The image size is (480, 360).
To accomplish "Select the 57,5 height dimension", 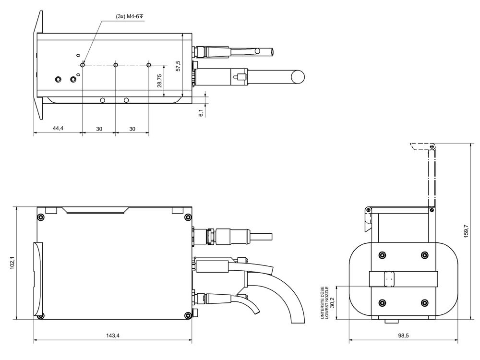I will point(178,66).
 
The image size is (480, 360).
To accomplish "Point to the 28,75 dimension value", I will point(160,80).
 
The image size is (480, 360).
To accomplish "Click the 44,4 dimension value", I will point(58,129).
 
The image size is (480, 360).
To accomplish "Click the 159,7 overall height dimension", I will point(466,230).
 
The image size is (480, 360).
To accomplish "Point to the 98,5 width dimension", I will point(403,336).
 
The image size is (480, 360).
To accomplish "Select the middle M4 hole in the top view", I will point(116,65).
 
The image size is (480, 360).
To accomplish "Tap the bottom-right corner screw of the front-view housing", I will point(186,315).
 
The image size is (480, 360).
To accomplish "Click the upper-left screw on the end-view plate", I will point(382,254).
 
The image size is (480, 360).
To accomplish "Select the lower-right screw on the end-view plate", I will point(424,302).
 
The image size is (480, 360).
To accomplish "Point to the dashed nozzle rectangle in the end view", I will point(389,278).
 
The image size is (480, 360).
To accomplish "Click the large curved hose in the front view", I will point(288,298).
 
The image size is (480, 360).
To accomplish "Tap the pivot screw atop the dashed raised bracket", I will point(432,146).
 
